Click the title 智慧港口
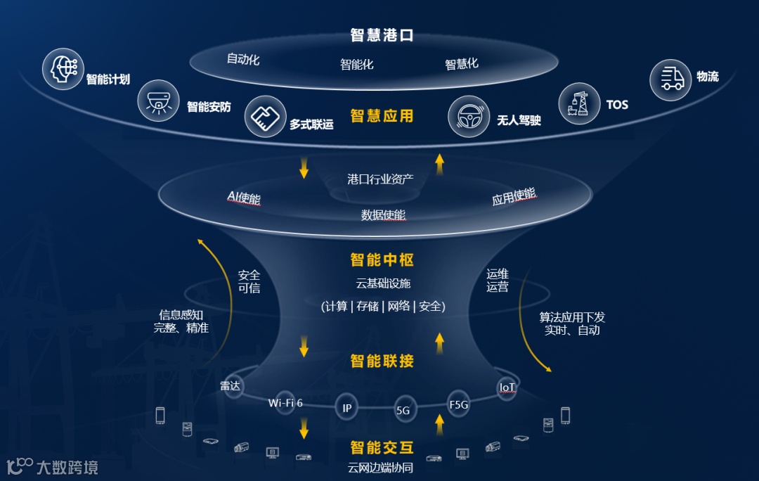(x=382, y=35)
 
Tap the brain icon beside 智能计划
(x=63, y=70)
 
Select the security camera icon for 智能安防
(x=159, y=100)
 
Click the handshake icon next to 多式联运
(x=265, y=117)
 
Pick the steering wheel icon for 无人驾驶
(x=469, y=116)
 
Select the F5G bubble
(x=458, y=404)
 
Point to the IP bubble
(x=347, y=408)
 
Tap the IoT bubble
(x=507, y=387)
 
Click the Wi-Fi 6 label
(x=285, y=403)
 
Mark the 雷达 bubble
(x=231, y=386)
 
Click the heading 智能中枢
(x=382, y=260)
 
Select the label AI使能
(x=244, y=198)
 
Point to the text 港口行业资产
(x=380, y=179)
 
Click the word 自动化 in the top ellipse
(x=243, y=59)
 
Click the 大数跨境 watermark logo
(x=52, y=466)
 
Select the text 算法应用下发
(x=572, y=316)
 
